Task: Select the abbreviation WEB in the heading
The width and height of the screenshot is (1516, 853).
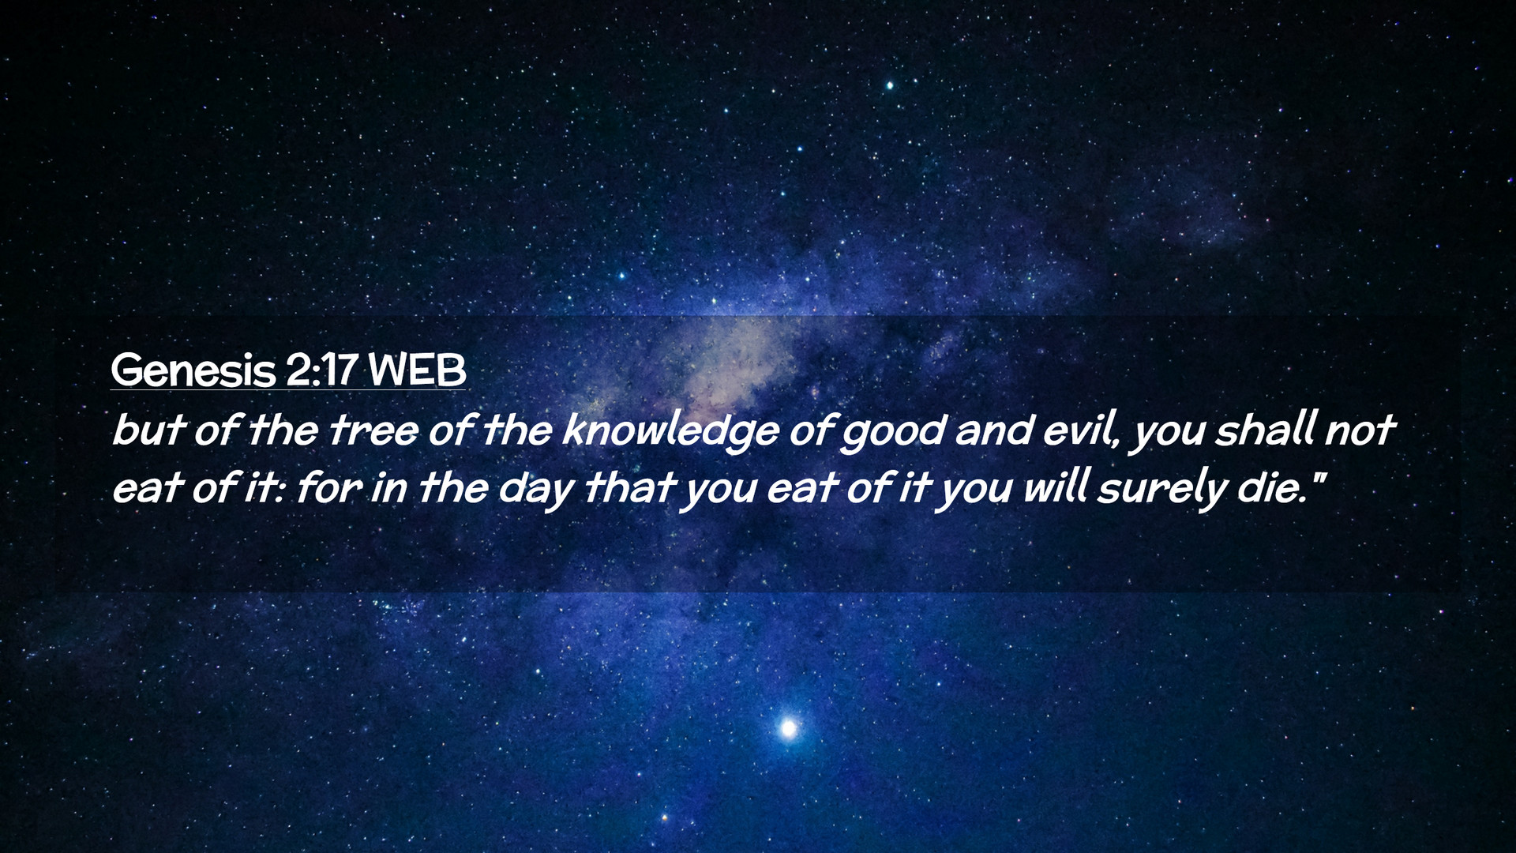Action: [x=418, y=370]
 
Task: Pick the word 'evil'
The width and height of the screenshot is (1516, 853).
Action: [x=1081, y=431]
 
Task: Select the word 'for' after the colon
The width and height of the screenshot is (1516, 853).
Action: [x=328, y=488]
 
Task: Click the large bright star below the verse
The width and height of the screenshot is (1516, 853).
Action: [x=787, y=727]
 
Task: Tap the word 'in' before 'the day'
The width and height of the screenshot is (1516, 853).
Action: [x=388, y=489]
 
